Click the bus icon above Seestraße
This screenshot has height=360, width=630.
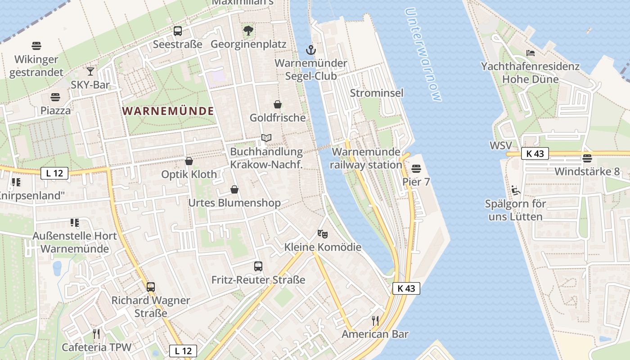point(178,31)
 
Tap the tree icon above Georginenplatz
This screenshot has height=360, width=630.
point(248,31)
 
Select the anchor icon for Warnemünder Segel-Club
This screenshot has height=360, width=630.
point(310,49)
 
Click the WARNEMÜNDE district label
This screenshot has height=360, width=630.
point(168,111)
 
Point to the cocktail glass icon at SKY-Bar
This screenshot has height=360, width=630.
point(90,71)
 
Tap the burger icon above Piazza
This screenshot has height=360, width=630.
point(55,97)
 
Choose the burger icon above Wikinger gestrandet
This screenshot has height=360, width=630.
point(36,46)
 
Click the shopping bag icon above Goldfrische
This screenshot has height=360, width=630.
point(278,104)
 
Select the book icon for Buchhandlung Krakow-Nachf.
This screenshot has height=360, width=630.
point(266,138)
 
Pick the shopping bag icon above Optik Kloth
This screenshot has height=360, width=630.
point(189,161)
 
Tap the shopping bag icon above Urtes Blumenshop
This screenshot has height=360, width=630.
point(234,189)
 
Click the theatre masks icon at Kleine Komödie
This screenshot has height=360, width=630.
point(323,234)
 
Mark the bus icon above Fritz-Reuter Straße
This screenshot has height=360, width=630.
point(258,266)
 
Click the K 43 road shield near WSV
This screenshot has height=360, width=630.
point(535,153)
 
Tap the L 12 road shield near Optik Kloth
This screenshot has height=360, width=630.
point(54,173)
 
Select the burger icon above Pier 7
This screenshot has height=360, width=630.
point(416,169)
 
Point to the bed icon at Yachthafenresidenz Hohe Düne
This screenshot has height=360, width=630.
point(531,53)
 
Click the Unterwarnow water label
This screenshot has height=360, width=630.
point(423,54)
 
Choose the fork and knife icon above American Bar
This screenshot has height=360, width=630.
point(375,320)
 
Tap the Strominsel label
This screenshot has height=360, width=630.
point(377,93)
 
